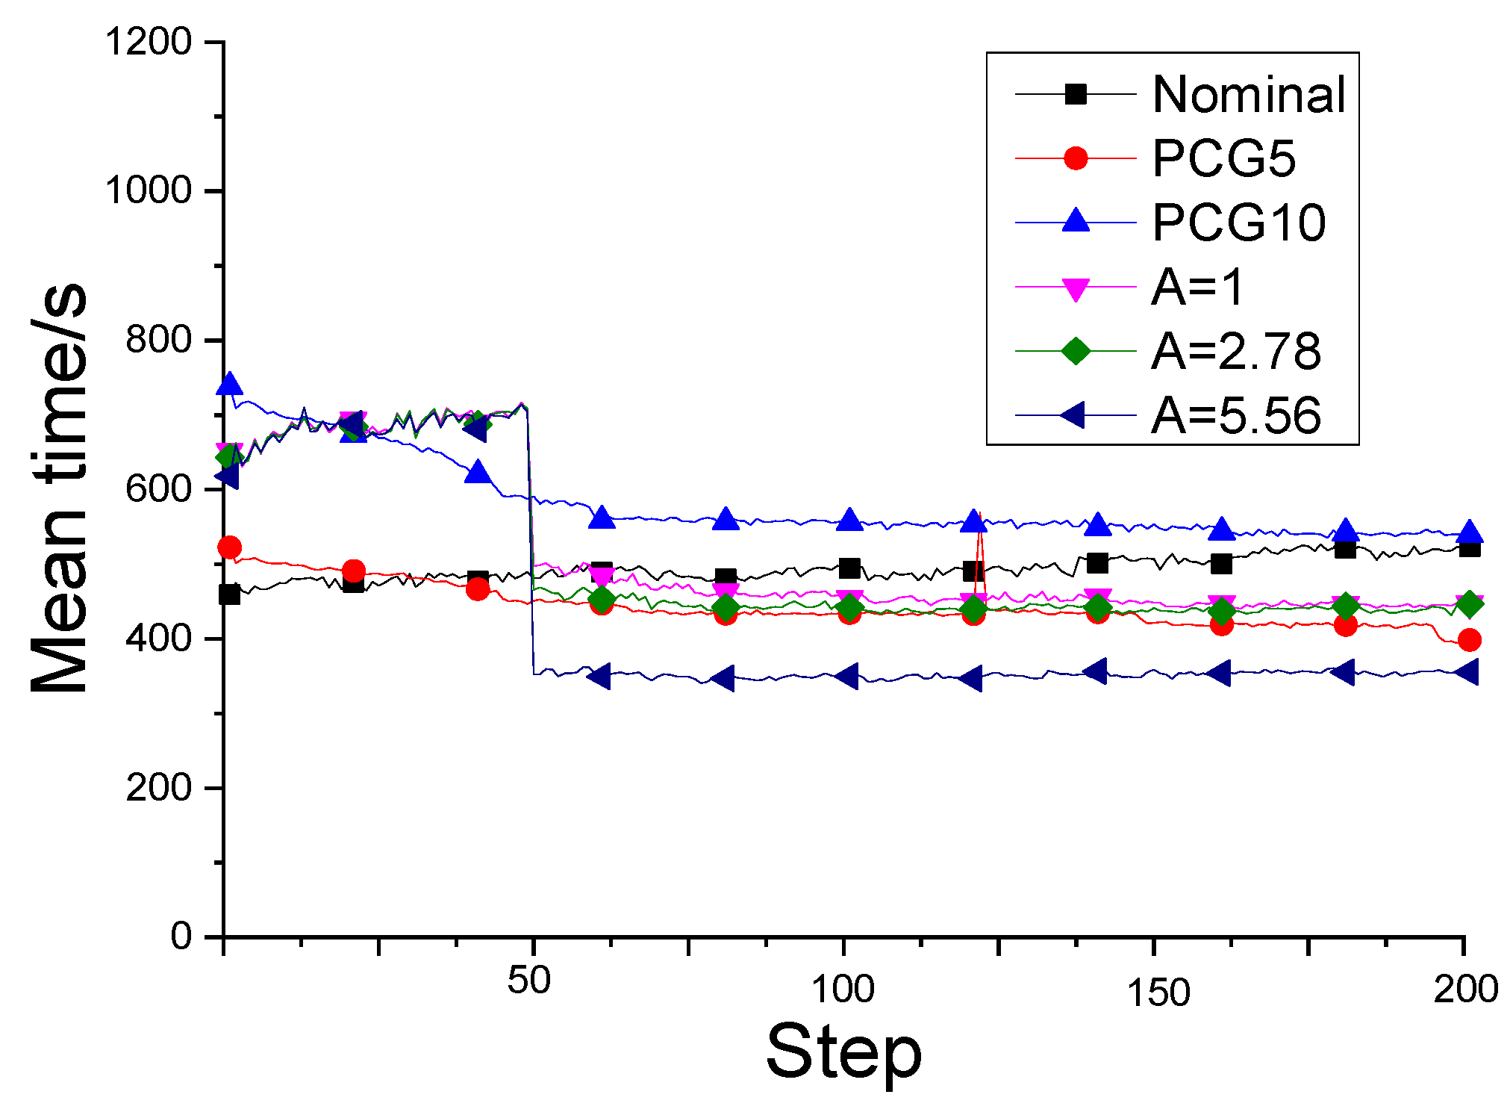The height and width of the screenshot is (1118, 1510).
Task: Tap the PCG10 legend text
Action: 1238,223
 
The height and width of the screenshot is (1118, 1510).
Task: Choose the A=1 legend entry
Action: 1197,287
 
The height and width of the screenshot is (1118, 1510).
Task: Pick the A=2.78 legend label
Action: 1235,351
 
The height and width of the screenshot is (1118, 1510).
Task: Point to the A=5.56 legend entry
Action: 1235,415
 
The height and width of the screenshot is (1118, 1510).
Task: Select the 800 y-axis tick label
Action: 160,340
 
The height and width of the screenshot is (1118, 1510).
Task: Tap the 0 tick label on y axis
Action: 181,936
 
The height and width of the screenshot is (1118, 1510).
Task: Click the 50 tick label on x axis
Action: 528,981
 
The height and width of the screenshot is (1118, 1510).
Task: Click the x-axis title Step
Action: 843,1052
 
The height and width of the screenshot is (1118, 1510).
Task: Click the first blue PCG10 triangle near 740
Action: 230,385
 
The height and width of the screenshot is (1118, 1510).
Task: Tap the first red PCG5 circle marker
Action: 229,547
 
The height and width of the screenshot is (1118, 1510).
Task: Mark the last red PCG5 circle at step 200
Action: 1469,640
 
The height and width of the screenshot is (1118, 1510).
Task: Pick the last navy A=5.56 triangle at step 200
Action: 1467,672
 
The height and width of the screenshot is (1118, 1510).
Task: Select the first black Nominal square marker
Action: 229,594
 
